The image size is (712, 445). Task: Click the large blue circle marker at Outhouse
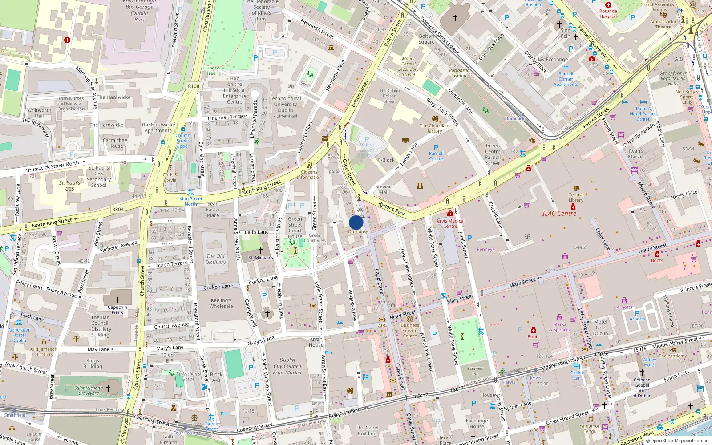click(356, 222)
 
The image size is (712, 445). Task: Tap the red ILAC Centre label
click(559, 214)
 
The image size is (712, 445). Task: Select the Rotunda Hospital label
click(608, 14)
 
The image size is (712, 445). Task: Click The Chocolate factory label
click(435, 128)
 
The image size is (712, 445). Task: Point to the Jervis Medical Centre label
click(450, 223)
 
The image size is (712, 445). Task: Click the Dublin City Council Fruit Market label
click(287, 366)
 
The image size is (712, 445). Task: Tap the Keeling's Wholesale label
click(221, 303)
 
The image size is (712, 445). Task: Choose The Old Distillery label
click(215, 259)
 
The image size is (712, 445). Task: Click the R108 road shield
click(194, 86)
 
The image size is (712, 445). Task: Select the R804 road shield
click(118, 209)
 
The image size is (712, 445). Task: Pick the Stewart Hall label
click(384, 190)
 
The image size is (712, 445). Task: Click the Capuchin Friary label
click(117, 310)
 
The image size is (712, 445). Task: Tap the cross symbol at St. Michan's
click(261, 251)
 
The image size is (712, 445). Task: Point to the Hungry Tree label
click(211, 71)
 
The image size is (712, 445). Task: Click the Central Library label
click(576, 197)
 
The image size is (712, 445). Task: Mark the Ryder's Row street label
click(392, 208)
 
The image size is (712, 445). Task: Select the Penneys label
click(485, 250)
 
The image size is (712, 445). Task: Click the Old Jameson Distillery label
click(44, 352)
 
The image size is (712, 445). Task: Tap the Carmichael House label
click(115, 143)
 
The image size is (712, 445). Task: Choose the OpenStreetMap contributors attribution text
click(677, 441)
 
